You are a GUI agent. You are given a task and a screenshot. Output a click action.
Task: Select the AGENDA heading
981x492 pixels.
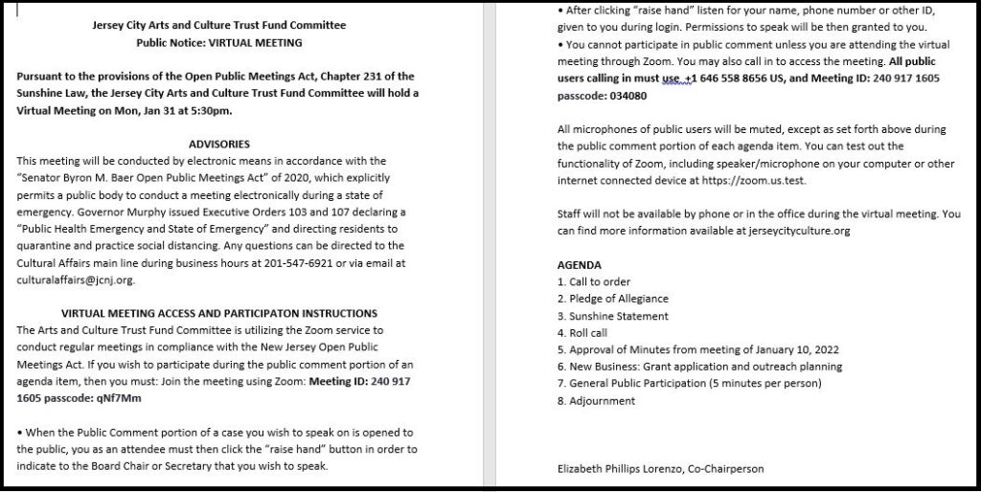[x=580, y=264]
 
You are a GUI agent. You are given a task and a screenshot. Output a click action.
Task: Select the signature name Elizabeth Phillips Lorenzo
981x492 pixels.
[x=622, y=468]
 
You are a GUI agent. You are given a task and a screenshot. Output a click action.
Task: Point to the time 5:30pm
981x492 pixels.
[x=210, y=110]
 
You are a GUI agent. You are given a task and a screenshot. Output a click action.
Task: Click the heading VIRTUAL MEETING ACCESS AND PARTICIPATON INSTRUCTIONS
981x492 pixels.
[x=219, y=313]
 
